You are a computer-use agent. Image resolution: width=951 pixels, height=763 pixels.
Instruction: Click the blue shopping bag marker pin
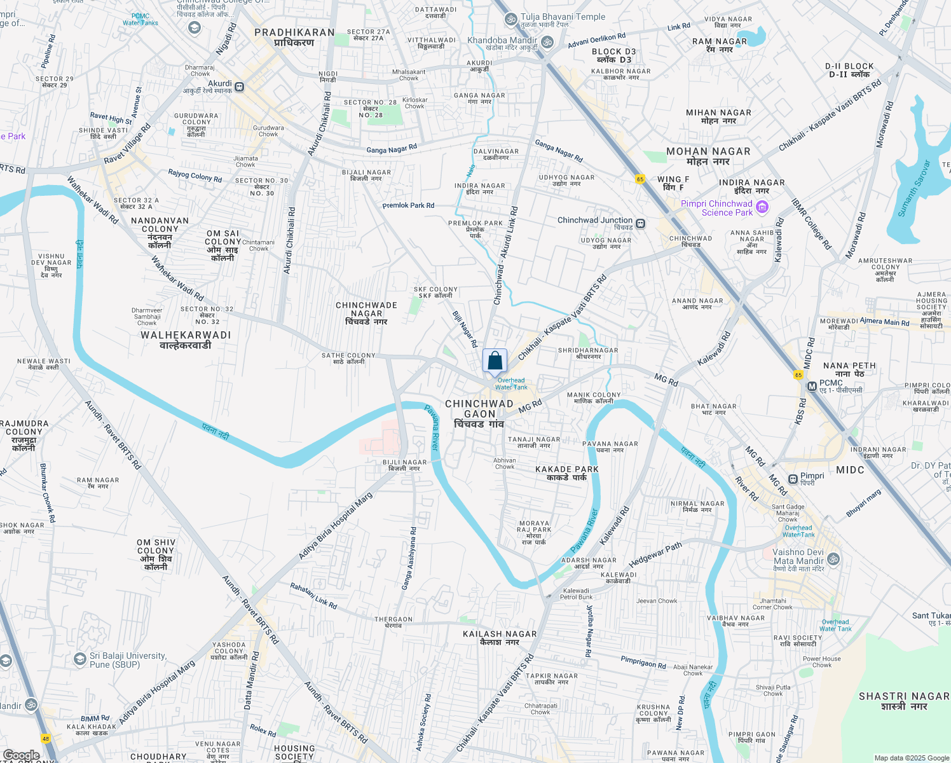point(495,361)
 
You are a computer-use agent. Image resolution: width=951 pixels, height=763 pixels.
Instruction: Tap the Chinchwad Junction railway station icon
point(640,223)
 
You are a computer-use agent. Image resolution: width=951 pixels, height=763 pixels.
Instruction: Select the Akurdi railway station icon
point(240,86)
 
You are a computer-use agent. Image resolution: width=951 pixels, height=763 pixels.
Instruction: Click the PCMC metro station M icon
point(812,386)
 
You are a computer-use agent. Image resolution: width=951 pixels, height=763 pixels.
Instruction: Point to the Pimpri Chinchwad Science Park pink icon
point(763,207)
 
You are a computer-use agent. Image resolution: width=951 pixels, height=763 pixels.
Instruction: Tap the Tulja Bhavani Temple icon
point(510,20)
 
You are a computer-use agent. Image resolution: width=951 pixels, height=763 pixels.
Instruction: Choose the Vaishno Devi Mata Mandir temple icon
point(833,560)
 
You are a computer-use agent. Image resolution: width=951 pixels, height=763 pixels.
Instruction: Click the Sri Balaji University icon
point(80,659)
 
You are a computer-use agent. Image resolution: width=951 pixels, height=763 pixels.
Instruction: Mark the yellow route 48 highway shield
point(46,738)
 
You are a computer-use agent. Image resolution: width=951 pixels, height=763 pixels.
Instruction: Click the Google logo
point(21,755)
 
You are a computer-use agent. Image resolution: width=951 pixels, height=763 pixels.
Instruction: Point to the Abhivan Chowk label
point(505,464)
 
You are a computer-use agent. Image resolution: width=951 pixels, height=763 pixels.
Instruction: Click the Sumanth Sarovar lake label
point(914,189)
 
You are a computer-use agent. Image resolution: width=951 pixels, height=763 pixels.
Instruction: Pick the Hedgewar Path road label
point(655,555)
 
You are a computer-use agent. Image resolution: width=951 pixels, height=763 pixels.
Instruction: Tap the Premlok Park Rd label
point(408,205)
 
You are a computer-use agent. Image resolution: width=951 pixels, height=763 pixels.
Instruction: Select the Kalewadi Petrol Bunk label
point(577,594)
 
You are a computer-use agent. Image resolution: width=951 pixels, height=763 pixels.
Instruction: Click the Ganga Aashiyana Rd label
point(409,558)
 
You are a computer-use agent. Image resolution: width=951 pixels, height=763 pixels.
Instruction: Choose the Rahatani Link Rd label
point(314,596)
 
